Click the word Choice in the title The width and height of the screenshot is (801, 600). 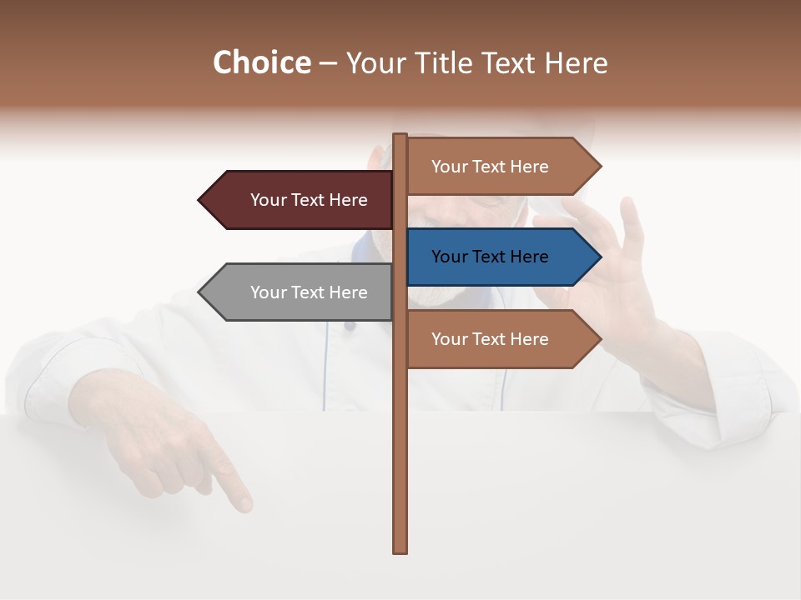[x=261, y=62]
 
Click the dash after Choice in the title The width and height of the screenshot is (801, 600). [x=328, y=63]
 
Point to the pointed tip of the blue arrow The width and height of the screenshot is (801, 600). [x=599, y=257]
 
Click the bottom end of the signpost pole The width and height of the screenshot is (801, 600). [x=400, y=551]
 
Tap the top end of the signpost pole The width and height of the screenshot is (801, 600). [x=400, y=136]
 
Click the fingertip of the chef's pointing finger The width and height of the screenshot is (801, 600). [x=244, y=503]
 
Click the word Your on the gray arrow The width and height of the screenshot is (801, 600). [x=267, y=292]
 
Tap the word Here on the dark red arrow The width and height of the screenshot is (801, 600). [x=347, y=200]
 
